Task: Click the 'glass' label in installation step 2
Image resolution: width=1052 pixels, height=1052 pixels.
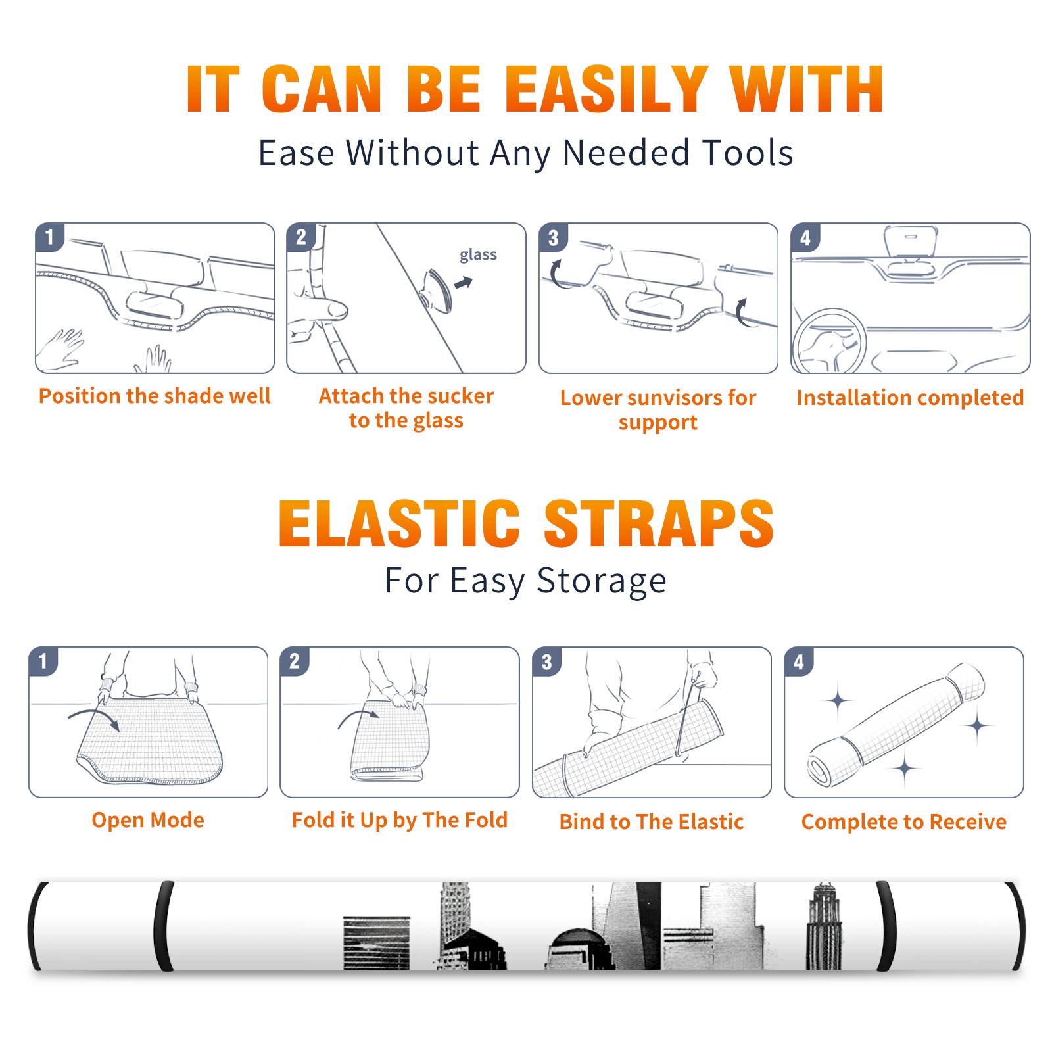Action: pyautogui.click(x=478, y=255)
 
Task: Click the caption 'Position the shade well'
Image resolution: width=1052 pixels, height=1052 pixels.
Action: pyautogui.click(x=155, y=396)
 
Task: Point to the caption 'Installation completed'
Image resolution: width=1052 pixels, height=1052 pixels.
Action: pyautogui.click(x=910, y=398)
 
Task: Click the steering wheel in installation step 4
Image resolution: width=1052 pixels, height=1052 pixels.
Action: pyautogui.click(x=829, y=342)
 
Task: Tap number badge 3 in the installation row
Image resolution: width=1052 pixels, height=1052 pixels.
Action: pyautogui.click(x=553, y=237)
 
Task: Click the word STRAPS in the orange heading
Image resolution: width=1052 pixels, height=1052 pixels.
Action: pyautogui.click(x=659, y=523)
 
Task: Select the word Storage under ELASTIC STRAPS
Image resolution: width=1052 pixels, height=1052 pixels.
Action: pyautogui.click(x=602, y=581)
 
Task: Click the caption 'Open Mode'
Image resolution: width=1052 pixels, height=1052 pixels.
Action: pyautogui.click(x=148, y=820)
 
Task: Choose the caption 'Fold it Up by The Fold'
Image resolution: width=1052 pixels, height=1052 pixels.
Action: pyautogui.click(x=400, y=821)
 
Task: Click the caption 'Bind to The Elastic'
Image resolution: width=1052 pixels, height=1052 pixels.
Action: pyautogui.click(x=652, y=822)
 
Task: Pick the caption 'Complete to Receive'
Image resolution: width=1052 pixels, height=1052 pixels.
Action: pyautogui.click(x=904, y=822)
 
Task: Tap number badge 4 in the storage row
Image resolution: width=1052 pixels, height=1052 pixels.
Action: pyautogui.click(x=799, y=661)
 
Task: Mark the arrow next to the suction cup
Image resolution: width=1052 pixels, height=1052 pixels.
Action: pyautogui.click(x=464, y=283)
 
